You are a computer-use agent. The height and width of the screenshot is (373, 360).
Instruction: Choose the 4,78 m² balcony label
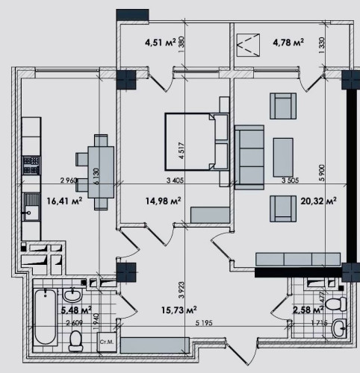[288, 43]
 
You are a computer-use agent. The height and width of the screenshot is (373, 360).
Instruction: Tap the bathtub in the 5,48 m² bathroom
[46, 319]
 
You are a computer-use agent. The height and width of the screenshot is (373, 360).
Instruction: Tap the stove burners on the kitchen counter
[31, 163]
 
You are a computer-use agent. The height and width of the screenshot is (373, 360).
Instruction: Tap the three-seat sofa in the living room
[248, 154]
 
